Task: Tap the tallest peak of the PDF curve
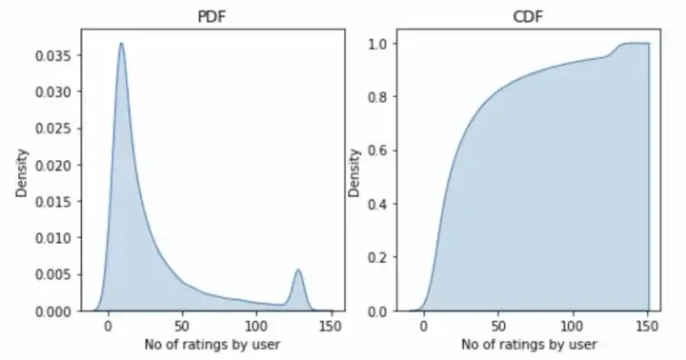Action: tap(122, 43)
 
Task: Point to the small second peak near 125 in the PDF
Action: tap(298, 270)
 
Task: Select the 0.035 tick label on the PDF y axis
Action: tap(52, 56)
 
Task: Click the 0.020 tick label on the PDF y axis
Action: tap(52, 166)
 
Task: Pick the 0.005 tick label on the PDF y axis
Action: tap(52, 274)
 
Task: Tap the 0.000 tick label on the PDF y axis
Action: tap(52, 311)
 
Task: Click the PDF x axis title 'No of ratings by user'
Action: tap(210, 343)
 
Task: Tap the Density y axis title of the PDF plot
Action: tap(22, 172)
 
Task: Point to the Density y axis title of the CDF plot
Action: tap(355, 172)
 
